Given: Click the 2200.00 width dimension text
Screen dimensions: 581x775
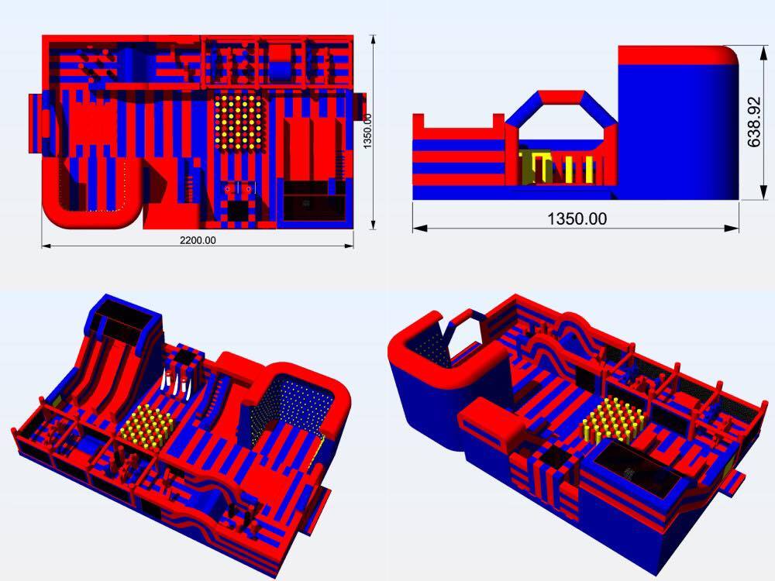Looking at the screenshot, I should pyautogui.click(x=198, y=241).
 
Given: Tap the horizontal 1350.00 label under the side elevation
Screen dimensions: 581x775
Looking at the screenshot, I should pyautogui.click(x=577, y=218).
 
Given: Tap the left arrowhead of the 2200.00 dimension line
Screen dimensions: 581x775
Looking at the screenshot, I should pyautogui.click(x=45, y=246).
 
